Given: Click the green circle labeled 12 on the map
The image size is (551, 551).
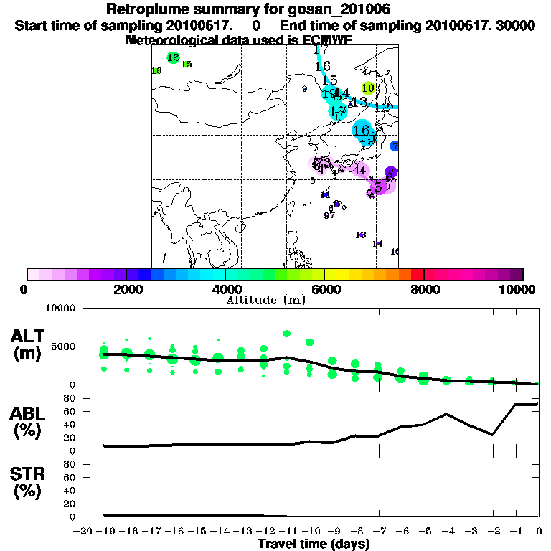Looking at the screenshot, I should (x=173, y=57).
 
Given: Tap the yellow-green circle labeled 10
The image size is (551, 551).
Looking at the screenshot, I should (x=368, y=88).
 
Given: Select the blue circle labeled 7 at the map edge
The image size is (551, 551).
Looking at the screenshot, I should (x=395, y=146).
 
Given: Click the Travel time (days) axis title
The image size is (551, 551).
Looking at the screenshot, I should (x=314, y=545).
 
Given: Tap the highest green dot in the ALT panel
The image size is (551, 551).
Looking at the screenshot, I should (x=286, y=334).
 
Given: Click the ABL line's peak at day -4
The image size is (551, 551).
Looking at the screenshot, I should (x=446, y=414).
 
